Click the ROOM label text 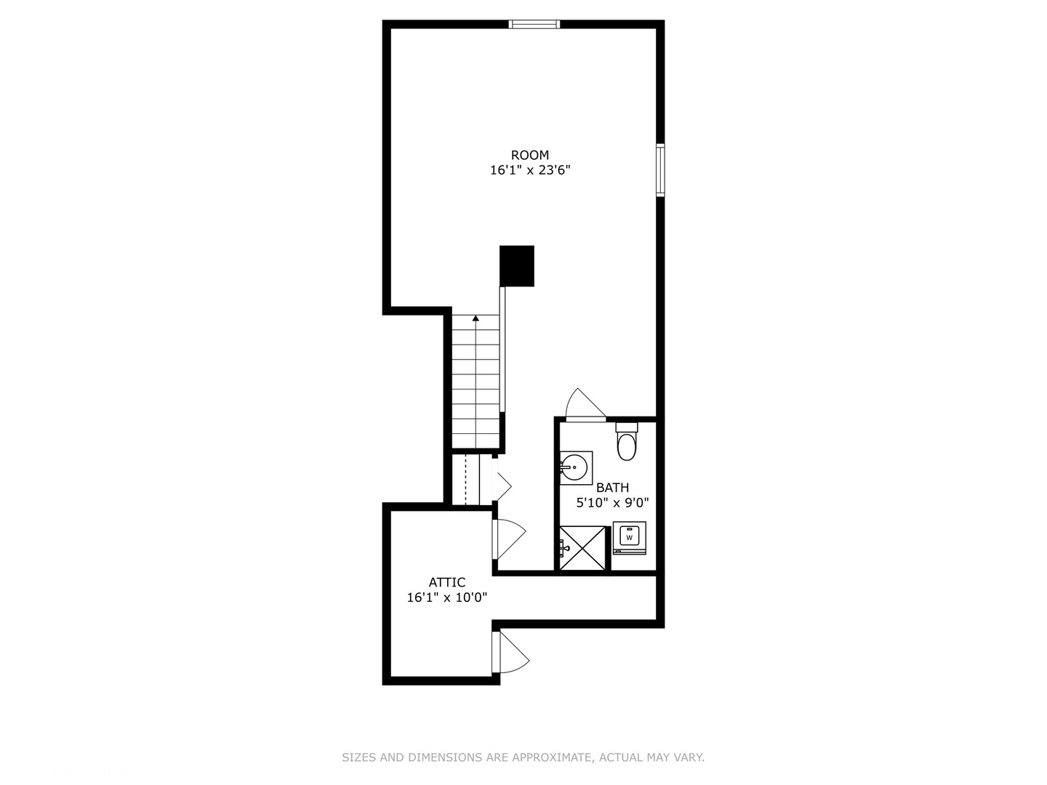pos(529,155)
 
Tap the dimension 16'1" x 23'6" pos(529,171)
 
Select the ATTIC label pos(446,582)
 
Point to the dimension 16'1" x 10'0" pos(446,597)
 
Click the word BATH pos(612,488)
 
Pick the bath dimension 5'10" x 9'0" pos(612,502)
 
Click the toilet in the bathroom pos(626,443)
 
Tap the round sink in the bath pos(575,466)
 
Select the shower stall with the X pos(582,548)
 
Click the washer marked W pos(629,537)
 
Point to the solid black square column pos(517,265)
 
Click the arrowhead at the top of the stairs pos(476,318)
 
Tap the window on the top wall pos(534,24)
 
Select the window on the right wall pos(660,170)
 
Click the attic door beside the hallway pos(508,539)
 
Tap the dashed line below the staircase pos(465,479)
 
